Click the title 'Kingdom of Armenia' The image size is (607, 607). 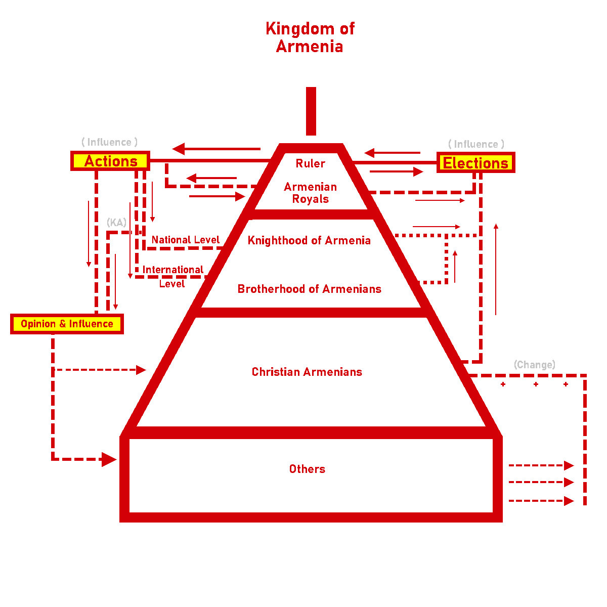(x=310, y=37)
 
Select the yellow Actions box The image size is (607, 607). (x=110, y=161)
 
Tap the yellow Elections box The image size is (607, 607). (x=475, y=163)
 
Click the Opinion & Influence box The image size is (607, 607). (x=67, y=324)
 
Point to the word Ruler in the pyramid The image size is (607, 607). (x=311, y=163)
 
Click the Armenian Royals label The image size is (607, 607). (x=311, y=193)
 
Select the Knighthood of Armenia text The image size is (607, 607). (x=309, y=240)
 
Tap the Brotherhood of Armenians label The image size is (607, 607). (x=310, y=289)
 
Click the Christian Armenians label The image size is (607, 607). (x=307, y=372)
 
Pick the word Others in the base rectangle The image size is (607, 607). (x=307, y=469)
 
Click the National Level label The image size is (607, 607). (x=186, y=240)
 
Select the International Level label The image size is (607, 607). (x=172, y=276)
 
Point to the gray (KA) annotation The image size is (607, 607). (x=116, y=223)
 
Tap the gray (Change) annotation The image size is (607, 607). (x=534, y=365)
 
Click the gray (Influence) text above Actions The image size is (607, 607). (x=109, y=142)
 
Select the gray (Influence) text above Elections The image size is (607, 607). (x=476, y=144)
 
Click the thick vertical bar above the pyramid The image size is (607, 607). (x=311, y=111)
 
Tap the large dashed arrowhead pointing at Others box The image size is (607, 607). (x=109, y=459)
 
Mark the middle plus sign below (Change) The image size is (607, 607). (x=536, y=384)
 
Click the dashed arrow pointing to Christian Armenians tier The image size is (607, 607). (x=141, y=370)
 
